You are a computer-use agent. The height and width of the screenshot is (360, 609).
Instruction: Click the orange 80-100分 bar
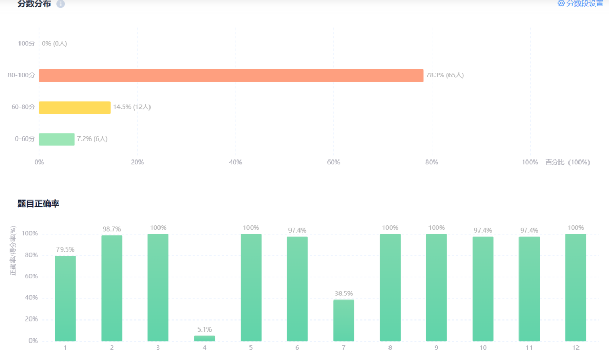pos(231,75)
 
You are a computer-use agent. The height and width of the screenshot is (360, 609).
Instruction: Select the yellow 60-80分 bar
pos(75,107)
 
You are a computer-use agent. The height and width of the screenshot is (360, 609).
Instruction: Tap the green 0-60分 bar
pos(57,139)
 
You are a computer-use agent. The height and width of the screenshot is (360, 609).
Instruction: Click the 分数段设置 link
pos(581,4)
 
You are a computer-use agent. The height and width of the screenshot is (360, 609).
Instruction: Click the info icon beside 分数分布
pos(61,4)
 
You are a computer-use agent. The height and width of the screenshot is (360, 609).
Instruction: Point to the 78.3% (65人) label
pos(445,75)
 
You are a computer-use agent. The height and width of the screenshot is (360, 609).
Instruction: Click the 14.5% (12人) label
pos(132,107)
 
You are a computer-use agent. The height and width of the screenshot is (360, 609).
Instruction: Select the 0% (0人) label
pos(54,44)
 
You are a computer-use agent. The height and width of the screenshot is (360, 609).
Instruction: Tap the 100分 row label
pos(26,44)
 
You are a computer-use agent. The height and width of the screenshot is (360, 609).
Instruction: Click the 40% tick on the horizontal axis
pos(235,162)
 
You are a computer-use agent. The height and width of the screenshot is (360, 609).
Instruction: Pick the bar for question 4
pos(204,338)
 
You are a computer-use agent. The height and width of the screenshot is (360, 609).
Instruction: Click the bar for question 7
pos(344,320)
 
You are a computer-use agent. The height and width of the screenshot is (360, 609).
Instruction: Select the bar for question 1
pos(65,298)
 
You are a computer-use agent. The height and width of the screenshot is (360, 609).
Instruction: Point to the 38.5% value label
pos(344,294)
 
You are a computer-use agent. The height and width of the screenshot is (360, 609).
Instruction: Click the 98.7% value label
pos(112,229)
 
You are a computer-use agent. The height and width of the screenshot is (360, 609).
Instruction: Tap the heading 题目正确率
pos(38,204)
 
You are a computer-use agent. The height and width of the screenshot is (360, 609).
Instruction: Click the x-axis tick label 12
pos(575,348)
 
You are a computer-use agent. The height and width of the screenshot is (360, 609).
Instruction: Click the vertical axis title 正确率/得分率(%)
pos(13,251)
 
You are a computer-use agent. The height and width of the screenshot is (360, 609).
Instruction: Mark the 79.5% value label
pos(65,249)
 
